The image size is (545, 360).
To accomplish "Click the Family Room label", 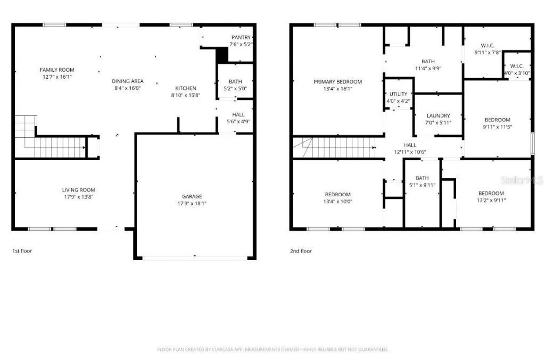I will click(57, 70).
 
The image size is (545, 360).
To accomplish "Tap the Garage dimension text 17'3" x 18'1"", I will click(192, 204).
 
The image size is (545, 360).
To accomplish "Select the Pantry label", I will click(241, 37).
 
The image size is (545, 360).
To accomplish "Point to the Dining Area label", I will click(128, 81).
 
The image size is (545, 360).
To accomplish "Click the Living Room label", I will click(78, 190).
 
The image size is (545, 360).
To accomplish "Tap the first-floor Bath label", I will click(235, 81).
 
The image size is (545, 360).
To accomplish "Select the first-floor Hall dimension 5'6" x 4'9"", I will click(238, 121).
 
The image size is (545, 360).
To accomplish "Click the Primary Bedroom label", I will click(337, 82).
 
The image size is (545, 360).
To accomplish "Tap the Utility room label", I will click(398, 94).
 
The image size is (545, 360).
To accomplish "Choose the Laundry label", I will click(439, 116).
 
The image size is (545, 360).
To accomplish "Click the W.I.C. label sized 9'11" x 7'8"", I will click(488, 46).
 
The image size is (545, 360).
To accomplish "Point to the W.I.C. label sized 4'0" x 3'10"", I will click(516, 66).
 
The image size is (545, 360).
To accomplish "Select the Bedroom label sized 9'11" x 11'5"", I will click(497, 120).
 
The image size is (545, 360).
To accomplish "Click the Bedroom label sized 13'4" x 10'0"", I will click(337, 194).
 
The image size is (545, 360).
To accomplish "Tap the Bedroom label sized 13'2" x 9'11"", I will click(491, 193).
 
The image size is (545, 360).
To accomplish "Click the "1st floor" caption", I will click(22, 250).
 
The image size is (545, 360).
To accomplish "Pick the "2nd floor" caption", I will click(301, 251).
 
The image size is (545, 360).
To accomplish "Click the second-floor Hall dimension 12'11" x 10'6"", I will click(410, 152).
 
